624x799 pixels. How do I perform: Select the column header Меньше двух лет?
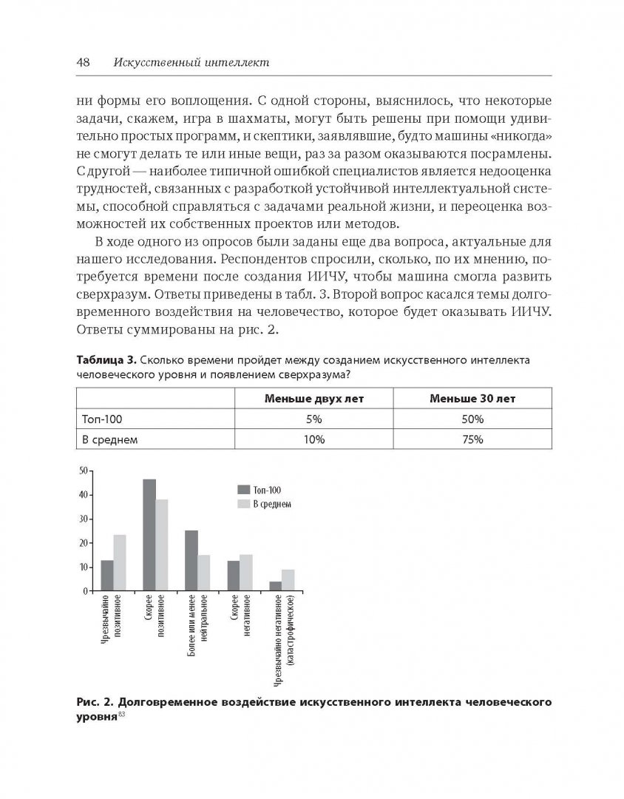click(x=314, y=398)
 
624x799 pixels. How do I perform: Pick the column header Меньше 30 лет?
click(x=472, y=398)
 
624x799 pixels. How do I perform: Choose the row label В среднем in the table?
click(x=112, y=439)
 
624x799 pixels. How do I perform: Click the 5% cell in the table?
click(x=314, y=419)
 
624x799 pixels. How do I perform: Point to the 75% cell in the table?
click(x=472, y=439)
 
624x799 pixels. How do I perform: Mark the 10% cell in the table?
click(x=314, y=439)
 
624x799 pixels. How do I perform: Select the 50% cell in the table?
click(x=472, y=419)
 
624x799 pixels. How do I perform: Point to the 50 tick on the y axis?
click(x=84, y=471)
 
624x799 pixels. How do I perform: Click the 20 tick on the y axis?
click(x=84, y=543)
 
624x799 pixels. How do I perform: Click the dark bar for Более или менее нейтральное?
click(x=191, y=561)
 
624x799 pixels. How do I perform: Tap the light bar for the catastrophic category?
click(x=288, y=580)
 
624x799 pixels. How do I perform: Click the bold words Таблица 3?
click(x=104, y=361)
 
